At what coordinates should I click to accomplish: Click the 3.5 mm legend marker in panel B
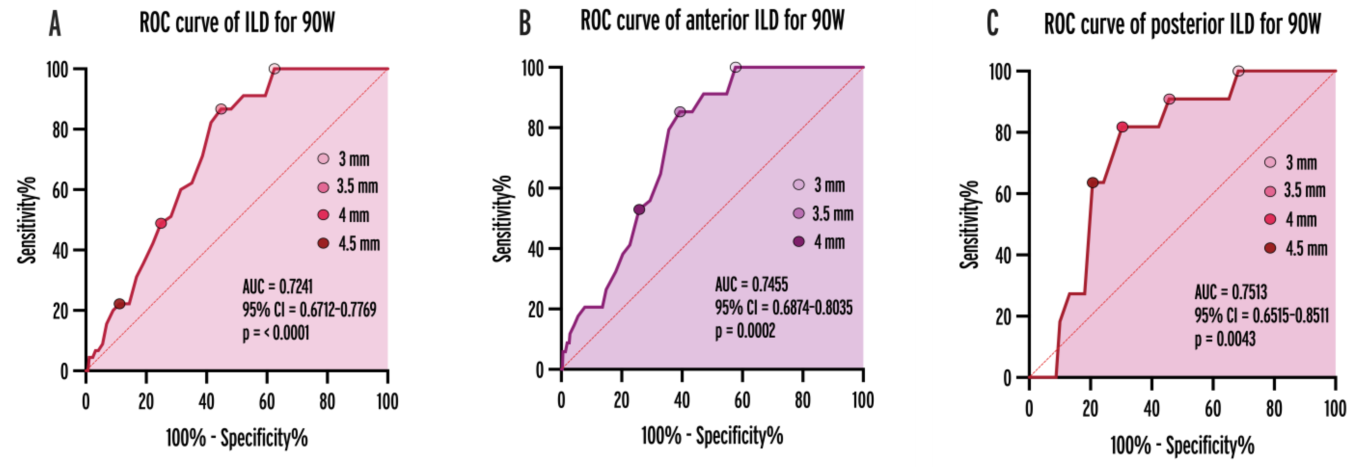tap(799, 213)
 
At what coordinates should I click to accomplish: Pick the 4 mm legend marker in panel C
tap(1270, 219)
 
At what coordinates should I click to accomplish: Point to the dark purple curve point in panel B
tap(639, 209)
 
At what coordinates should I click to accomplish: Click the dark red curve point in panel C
tap(1092, 183)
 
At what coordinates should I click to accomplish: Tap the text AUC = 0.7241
tap(277, 287)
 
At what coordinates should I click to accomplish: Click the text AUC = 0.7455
tap(751, 284)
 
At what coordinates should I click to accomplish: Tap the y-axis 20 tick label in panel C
tap(1003, 317)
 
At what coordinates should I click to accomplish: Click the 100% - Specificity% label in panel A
tap(236, 437)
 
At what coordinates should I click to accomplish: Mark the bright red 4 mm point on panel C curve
tap(1122, 127)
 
